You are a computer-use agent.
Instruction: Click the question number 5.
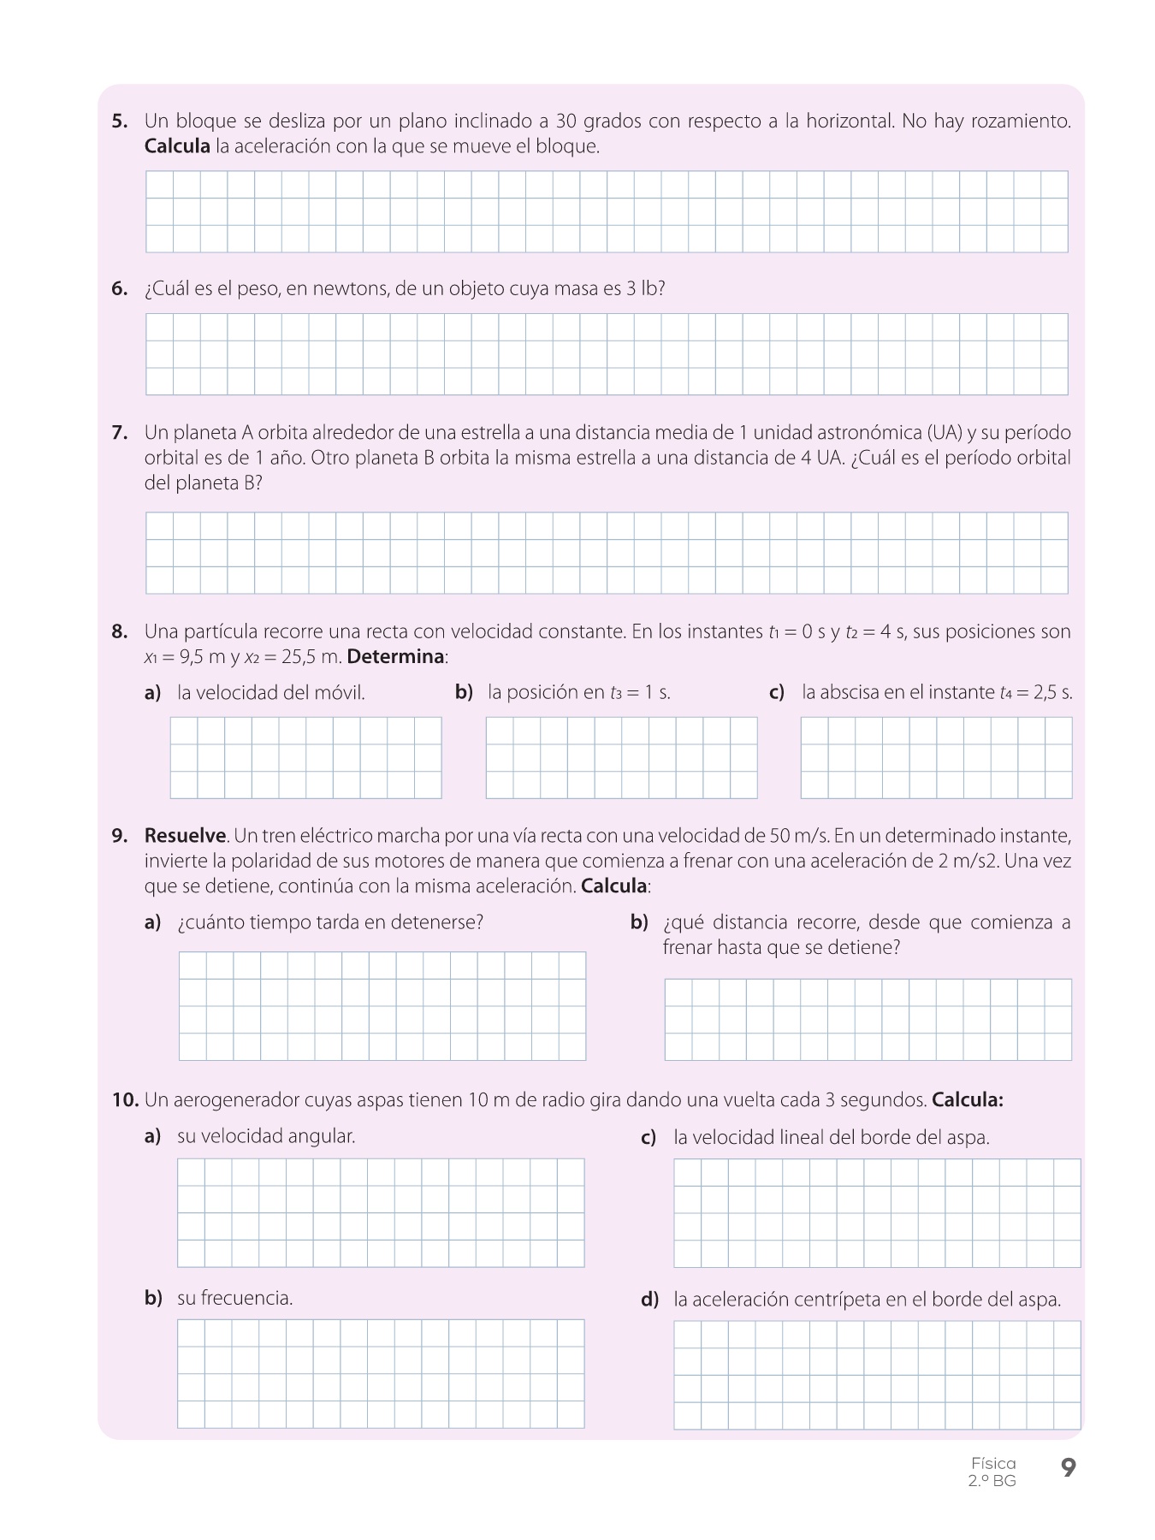coord(120,121)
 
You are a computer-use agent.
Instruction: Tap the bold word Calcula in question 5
coord(177,146)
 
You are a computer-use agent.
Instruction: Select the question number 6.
coord(120,289)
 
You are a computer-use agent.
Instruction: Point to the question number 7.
coord(120,433)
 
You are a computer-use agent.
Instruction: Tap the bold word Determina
coord(396,657)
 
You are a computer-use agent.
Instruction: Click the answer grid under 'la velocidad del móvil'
coord(305,757)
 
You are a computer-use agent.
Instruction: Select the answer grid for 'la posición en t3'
coord(621,757)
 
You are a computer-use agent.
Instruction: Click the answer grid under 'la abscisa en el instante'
coord(936,757)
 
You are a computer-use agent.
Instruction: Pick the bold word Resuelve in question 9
coord(185,835)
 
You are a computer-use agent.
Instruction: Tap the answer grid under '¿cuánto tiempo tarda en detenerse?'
coord(382,1005)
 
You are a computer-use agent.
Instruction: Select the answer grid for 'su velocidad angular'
coord(381,1212)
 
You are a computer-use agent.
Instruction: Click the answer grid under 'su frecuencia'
coord(381,1373)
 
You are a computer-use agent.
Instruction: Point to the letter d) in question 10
coord(650,1300)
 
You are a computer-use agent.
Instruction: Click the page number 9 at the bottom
coord(1068,1468)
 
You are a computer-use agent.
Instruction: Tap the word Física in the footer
coord(993,1463)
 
